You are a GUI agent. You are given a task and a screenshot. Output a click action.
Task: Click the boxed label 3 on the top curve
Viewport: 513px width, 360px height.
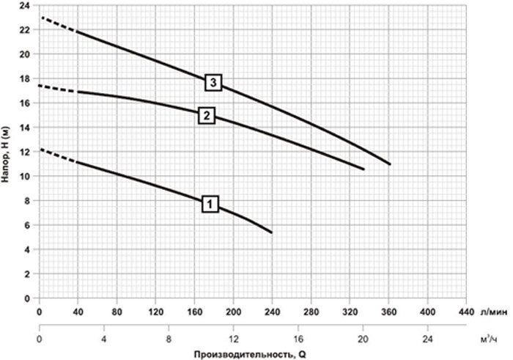tap(213, 82)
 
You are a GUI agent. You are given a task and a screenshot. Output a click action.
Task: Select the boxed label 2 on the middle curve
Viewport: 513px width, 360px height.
tap(207, 116)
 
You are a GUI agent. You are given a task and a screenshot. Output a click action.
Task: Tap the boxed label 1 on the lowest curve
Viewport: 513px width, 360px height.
tap(210, 205)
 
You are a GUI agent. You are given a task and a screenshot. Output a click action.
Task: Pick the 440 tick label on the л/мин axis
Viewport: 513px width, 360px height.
tap(466, 312)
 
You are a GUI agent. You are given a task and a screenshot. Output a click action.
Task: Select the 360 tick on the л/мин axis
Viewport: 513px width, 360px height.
tap(388, 312)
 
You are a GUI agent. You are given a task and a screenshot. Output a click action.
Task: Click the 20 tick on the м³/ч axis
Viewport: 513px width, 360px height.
tap(363, 339)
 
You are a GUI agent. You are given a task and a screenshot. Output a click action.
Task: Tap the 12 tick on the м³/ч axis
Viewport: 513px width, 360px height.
tap(233, 339)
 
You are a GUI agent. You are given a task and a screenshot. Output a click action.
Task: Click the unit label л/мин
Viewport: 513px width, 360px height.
tap(495, 312)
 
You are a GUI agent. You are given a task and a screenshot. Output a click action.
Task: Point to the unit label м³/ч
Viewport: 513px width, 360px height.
tap(489, 339)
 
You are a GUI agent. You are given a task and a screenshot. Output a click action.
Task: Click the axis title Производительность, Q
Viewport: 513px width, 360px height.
tap(251, 354)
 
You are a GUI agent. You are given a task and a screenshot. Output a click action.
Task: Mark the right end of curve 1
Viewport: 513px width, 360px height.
tap(272, 232)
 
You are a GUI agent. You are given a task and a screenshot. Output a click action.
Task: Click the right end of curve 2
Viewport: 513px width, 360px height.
tap(363, 169)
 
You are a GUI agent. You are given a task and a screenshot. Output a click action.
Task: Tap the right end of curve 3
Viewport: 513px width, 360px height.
tap(390, 164)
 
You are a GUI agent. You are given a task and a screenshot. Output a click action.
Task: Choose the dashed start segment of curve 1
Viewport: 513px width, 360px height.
tap(59, 155)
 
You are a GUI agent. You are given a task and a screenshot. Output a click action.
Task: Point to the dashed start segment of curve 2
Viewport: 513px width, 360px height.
tap(58, 89)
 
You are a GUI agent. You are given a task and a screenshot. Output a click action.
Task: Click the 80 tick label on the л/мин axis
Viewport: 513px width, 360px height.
tap(117, 312)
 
